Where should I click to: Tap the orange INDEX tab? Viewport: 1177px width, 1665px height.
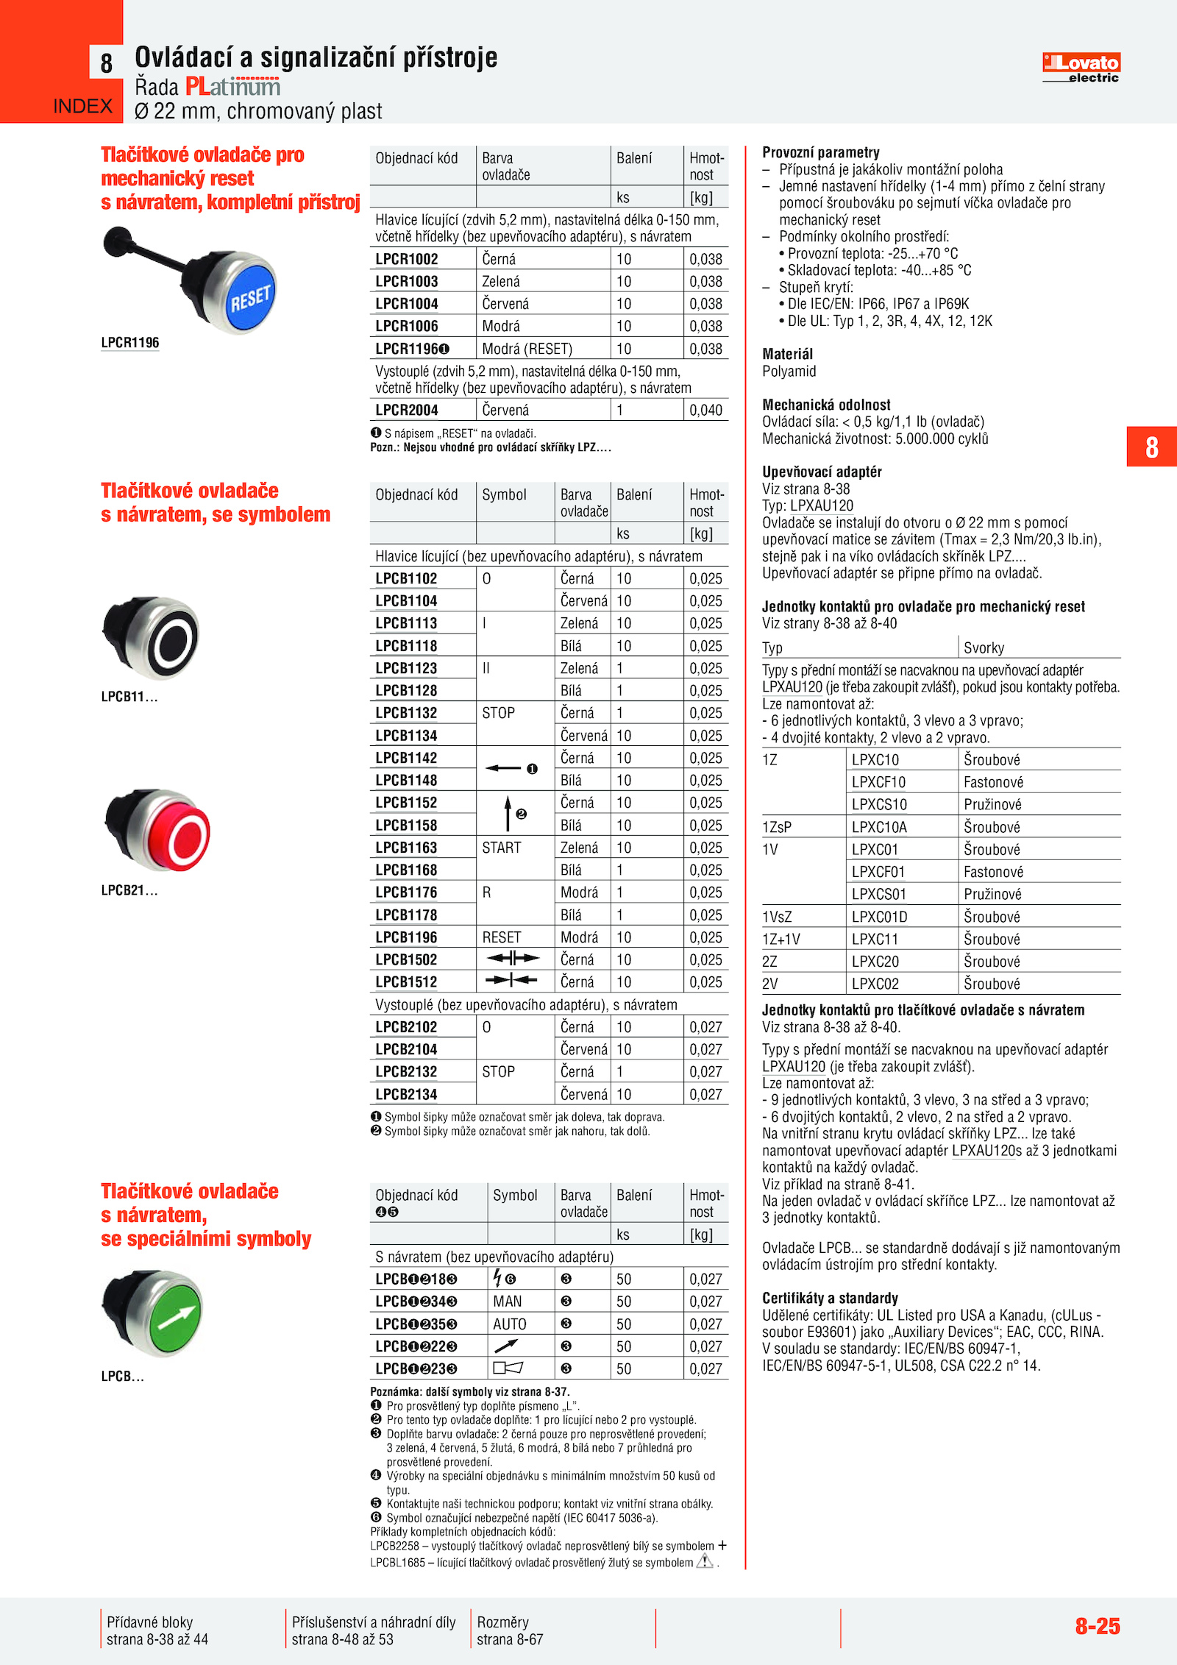click(x=82, y=107)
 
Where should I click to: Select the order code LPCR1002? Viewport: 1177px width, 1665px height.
click(x=407, y=259)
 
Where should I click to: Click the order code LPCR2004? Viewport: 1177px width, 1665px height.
click(x=407, y=411)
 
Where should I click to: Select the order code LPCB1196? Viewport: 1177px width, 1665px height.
click(x=406, y=937)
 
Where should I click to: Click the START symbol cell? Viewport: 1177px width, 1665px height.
click(x=502, y=848)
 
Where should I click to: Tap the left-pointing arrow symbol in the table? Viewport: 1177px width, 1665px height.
click(x=504, y=769)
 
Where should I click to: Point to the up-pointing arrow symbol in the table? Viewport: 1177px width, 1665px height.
click(x=508, y=813)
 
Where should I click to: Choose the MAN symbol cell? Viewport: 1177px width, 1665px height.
click(x=508, y=1302)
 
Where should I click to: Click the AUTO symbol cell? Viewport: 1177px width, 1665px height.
click(x=510, y=1324)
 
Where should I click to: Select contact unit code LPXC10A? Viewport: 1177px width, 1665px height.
click(x=879, y=827)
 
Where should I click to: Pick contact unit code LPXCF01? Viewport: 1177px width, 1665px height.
click(x=878, y=872)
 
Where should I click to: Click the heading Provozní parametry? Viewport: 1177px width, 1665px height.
click(x=821, y=152)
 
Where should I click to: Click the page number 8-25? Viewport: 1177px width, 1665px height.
click(x=1098, y=1626)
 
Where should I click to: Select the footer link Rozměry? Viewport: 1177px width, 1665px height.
click(x=503, y=1622)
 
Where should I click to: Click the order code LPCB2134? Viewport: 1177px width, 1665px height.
click(x=406, y=1094)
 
